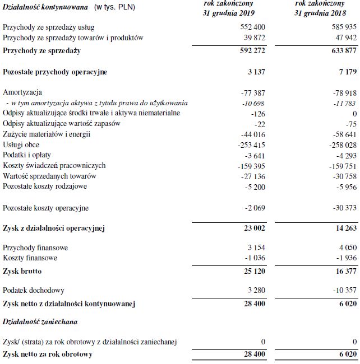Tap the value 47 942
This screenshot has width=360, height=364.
click(343, 38)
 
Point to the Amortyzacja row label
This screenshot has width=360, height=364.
click(22, 92)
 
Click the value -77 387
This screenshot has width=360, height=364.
click(251, 92)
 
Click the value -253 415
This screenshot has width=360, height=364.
click(249, 144)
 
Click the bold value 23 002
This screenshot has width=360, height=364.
click(252, 228)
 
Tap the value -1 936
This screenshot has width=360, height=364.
click(345, 258)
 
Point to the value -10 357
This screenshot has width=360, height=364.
click(343, 291)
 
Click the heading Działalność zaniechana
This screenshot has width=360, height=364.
click(40, 322)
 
